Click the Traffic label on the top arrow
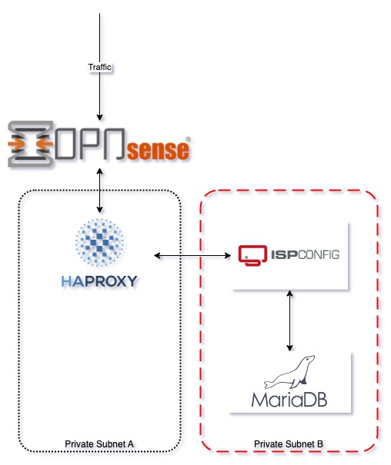[x=99, y=67]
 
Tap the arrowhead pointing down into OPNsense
[x=100, y=117]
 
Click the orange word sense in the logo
[x=159, y=150]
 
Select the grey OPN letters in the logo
[x=89, y=143]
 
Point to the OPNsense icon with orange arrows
[x=30, y=144]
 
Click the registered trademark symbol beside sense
[x=188, y=139]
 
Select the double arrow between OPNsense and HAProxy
[x=100, y=191]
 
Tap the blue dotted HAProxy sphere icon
[x=99, y=243]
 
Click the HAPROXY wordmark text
[x=99, y=281]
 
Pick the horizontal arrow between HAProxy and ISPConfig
[x=192, y=255]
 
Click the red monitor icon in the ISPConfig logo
[x=252, y=255]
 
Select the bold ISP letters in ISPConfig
[x=285, y=254]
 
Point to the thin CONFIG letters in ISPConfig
[x=319, y=254]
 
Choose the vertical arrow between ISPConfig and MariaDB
[x=289, y=321]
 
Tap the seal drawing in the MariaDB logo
[x=289, y=372]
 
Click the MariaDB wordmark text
[x=289, y=400]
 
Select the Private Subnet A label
[x=99, y=444]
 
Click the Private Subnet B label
[x=289, y=444]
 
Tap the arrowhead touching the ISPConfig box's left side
[x=227, y=255]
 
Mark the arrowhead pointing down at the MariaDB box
[x=289, y=347]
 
